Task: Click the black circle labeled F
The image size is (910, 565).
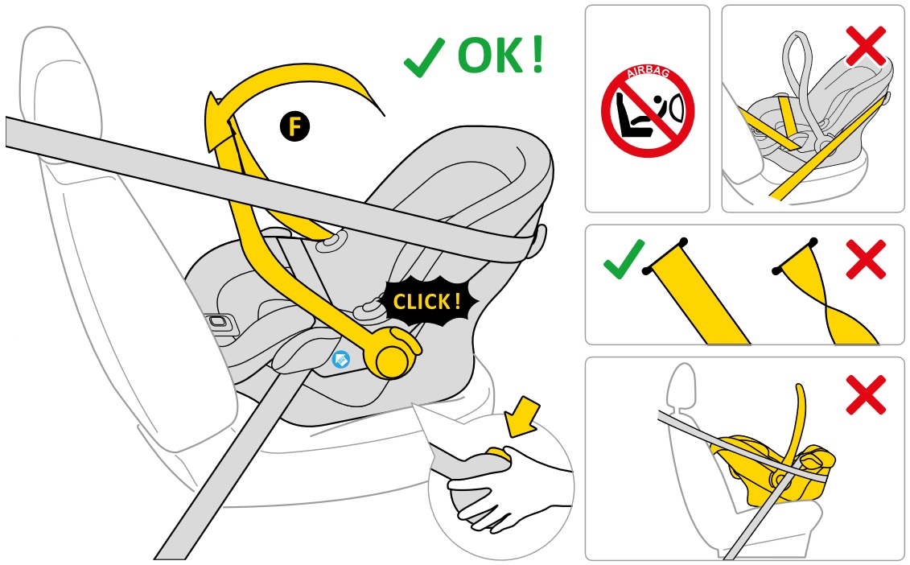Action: pos(294,126)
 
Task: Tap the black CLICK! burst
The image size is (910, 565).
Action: pos(428,301)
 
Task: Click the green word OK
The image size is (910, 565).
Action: pos(490,56)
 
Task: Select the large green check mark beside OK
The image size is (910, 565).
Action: pos(424,57)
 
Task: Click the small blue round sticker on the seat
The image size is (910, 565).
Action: pos(340,360)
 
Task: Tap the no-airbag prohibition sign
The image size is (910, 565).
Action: pos(647,111)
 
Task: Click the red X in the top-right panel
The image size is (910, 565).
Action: pos(866,46)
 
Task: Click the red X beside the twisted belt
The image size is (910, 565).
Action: pos(866,259)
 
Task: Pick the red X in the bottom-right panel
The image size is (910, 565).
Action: pos(866,395)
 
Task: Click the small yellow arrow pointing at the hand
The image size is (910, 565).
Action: pos(523,416)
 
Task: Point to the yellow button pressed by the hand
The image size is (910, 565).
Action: pos(498,455)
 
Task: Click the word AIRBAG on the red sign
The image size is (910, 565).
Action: pos(649,72)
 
